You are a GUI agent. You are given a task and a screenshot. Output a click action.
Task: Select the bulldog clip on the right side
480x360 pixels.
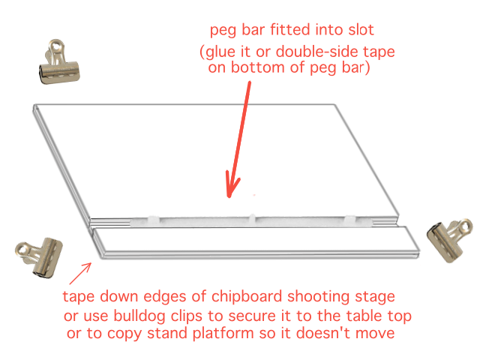[448, 240]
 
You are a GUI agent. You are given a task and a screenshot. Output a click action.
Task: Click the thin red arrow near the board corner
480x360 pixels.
[80, 273]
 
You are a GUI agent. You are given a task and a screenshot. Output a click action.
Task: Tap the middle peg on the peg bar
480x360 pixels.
[252, 218]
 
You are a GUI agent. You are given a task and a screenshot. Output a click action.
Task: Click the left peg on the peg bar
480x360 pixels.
[153, 220]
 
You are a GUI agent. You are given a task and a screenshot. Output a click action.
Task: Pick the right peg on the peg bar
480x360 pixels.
[350, 219]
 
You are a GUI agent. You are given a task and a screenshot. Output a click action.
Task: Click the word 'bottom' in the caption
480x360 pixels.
[258, 67]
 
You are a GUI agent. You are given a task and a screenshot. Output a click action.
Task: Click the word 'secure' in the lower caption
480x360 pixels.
[252, 316]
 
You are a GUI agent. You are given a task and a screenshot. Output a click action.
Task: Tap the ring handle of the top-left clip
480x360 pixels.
[57, 47]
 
